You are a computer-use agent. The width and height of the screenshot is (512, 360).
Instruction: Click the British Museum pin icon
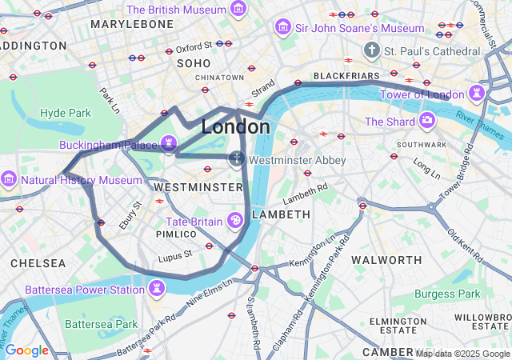click(238, 10)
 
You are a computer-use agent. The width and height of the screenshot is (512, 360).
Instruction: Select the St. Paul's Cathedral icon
click(371, 51)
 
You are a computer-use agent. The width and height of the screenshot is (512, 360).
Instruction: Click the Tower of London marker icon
click(477, 93)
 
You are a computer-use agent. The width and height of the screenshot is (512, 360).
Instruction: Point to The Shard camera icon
click(427, 122)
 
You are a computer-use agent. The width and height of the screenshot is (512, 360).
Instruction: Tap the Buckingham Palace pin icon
click(168, 144)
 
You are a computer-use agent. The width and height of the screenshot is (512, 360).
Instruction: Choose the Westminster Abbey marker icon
click(237, 159)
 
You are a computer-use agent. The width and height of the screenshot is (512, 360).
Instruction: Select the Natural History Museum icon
click(10, 179)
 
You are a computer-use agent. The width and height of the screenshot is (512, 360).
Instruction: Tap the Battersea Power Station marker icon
click(157, 288)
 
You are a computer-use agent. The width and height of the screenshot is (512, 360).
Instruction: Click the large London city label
click(235, 127)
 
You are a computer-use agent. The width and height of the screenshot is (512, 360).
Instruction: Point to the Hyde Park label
click(66, 113)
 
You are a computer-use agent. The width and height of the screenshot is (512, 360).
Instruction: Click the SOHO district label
click(193, 62)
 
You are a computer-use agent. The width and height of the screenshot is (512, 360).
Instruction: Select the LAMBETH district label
click(281, 214)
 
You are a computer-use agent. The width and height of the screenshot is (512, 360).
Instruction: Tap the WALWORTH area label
click(387, 260)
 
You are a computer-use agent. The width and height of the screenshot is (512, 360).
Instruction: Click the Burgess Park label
click(448, 294)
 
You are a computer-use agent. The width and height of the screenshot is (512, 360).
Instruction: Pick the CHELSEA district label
click(38, 263)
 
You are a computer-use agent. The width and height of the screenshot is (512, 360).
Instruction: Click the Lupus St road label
click(175, 255)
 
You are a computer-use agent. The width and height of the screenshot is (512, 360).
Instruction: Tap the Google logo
click(26, 350)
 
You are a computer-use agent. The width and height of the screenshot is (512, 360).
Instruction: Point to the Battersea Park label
click(102, 325)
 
